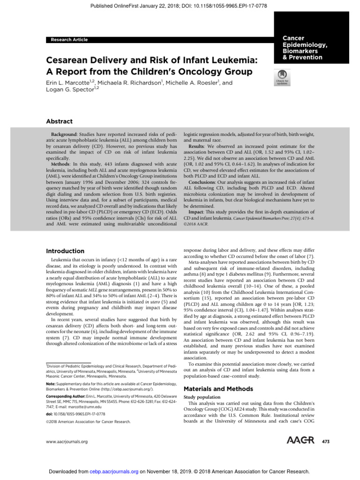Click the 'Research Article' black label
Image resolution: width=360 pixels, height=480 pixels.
[69, 40]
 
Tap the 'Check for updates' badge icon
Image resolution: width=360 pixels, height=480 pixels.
[282, 76]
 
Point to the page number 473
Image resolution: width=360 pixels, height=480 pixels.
[326, 442]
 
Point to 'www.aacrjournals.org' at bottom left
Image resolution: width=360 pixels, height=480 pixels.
[67, 442]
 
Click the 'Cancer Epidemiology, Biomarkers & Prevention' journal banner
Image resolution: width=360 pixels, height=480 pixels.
[305, 48]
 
